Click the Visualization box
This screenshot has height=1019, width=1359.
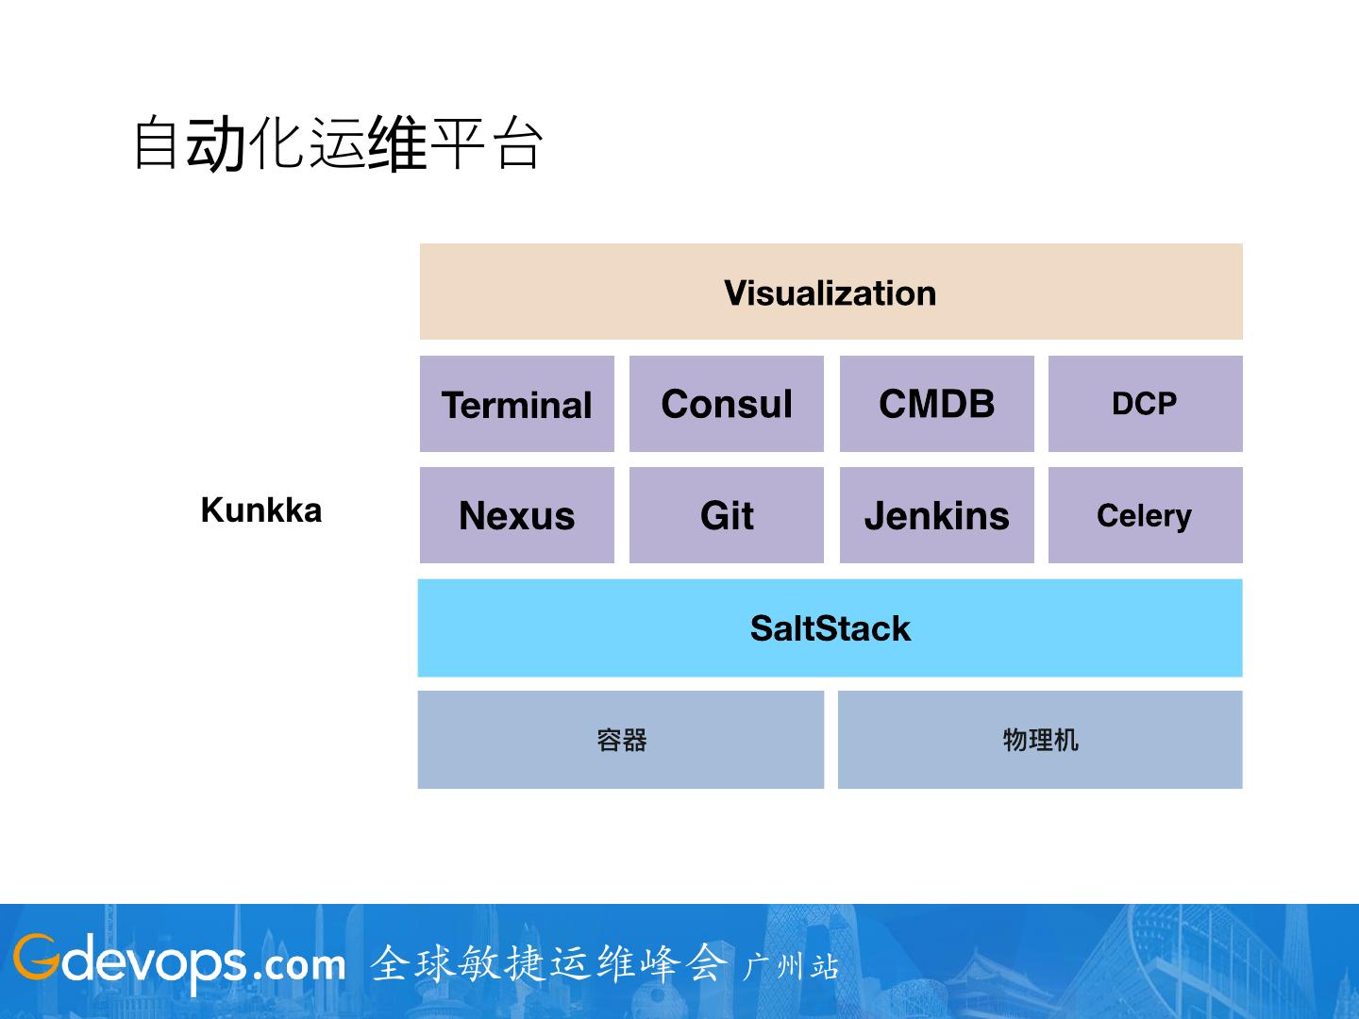[x=830, y=292]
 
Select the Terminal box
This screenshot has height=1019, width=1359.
[x=517, y=404]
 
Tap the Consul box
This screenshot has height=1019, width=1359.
[x=727, y=404]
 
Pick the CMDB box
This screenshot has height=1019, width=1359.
[x=936, y=404]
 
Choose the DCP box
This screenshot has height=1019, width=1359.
[x=1145, y=404]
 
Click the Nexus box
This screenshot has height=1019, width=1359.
[x=517, y=515]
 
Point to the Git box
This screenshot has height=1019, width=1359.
[x=727, y=515]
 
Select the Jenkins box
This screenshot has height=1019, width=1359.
[x=936, y=515]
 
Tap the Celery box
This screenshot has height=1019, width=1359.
[x=1145, y=515]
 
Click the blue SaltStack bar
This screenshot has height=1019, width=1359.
[x=830, y=628]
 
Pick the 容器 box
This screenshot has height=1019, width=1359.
[x=621, y=740]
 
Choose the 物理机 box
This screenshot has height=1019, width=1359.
[x=1040, y=740]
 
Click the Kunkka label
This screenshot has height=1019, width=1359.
[x=261, y=510]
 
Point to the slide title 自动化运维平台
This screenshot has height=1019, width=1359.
[x=338, y=144]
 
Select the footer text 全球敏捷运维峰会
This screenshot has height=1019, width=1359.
[x=549, y=963]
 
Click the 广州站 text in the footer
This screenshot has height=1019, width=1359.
[x=791, y=966]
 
